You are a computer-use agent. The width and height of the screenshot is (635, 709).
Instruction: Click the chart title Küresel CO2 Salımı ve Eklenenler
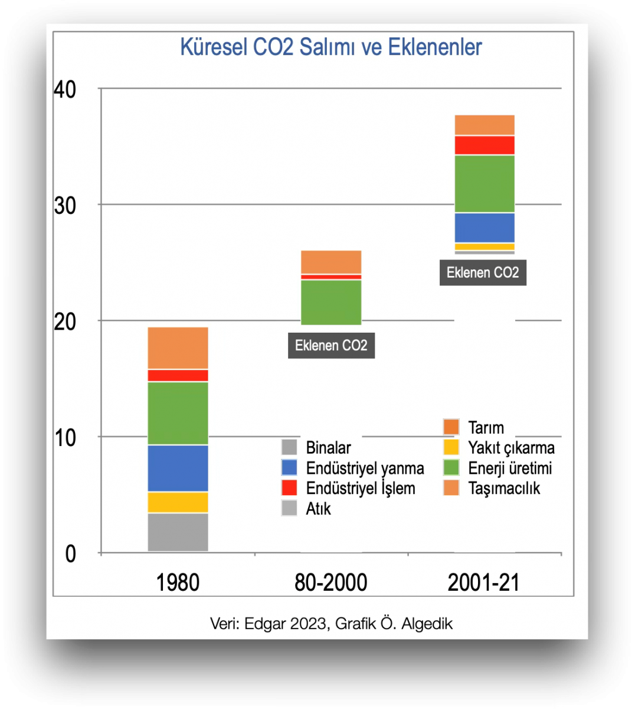(330, 47)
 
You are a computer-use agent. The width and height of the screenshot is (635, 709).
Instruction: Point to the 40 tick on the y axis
(65, 90)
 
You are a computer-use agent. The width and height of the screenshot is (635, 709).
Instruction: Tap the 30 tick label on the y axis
(65, 206)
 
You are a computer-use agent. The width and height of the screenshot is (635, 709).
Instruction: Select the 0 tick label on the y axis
(71, 554)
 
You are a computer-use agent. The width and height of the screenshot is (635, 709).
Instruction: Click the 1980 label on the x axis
(178, 583)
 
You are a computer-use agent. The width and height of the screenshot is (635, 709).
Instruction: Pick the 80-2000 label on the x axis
(330, 583)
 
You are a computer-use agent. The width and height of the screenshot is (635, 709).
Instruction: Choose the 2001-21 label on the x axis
(483, 583)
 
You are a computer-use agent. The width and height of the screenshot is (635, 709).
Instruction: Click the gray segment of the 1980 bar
(178, 532)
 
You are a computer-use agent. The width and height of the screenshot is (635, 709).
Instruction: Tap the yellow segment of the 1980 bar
(178, 502)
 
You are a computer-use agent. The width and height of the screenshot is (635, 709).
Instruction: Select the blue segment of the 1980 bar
(178, 468)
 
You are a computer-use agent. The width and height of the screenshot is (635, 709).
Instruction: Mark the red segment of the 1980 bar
(178, 375)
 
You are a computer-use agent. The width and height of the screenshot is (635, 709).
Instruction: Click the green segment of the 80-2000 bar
(331, 302)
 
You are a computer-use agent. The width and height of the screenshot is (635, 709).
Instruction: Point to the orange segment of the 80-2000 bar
(331, 262)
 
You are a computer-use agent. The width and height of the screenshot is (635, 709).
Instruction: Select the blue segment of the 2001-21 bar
(485, 227)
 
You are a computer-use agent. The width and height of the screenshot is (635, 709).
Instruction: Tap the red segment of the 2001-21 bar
(485, 145)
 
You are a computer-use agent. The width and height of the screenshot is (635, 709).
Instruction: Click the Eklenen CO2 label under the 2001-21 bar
(483, 273)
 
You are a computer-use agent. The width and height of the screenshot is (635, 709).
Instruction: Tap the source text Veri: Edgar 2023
(269, 623)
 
